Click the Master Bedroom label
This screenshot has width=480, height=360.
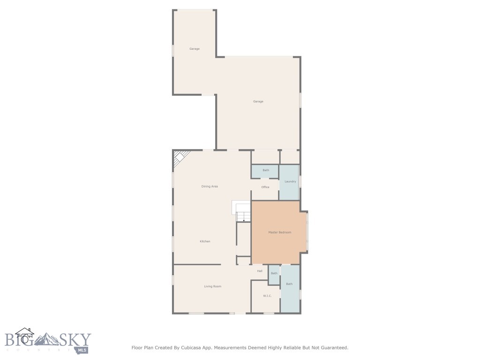280,232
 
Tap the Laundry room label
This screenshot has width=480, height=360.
290,181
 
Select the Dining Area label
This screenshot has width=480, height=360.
210,187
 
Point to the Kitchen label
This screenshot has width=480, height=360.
205,241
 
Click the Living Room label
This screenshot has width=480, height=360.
212,286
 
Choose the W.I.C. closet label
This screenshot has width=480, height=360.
267,296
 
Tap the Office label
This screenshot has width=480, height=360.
265,187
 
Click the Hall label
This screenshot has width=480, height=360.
259,271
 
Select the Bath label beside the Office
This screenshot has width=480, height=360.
266,170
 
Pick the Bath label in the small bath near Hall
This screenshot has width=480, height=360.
274,273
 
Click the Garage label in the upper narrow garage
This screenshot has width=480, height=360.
195,49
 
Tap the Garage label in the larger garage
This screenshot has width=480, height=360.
258,101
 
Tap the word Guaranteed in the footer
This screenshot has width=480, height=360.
332,348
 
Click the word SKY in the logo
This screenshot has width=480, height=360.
77,339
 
